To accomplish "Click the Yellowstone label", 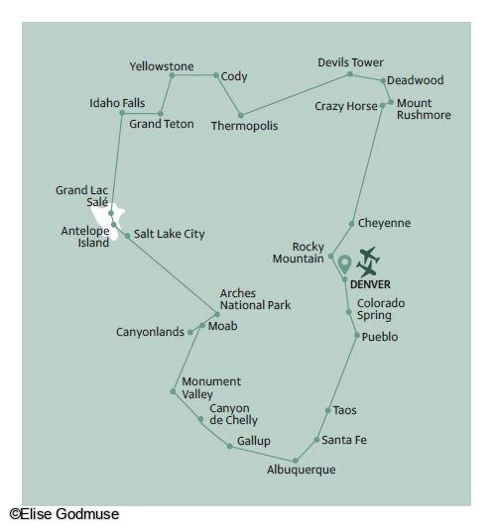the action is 162,66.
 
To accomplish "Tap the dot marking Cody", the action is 216,75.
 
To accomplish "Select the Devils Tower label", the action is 350,62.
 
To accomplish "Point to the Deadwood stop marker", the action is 383,81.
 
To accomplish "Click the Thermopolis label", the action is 244,126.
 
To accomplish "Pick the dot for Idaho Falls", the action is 122,113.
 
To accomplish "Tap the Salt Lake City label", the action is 170,234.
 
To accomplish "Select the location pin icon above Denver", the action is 344,264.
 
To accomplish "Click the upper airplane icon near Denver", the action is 369,255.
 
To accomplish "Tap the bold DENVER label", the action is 370,284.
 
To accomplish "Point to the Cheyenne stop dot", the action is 351,224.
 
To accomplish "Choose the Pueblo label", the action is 380,337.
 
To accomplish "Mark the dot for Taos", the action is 327,410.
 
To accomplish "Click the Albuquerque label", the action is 302,470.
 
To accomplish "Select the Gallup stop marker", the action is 230,447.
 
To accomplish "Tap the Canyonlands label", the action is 150,332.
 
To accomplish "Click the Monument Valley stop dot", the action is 173,391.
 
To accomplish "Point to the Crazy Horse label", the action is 346,106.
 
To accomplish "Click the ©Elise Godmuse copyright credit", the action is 64,514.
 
